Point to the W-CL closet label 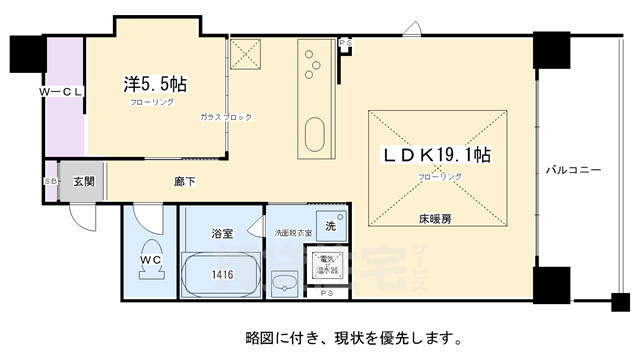[x=61, y=92]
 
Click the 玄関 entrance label [x=82, y=182]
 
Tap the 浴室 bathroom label [x=222, y=233]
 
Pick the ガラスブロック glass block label [x=226, y=117]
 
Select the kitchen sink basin [x=314, y=133]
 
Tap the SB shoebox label [x=50, y=181]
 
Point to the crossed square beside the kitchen [x=245, y=55]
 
